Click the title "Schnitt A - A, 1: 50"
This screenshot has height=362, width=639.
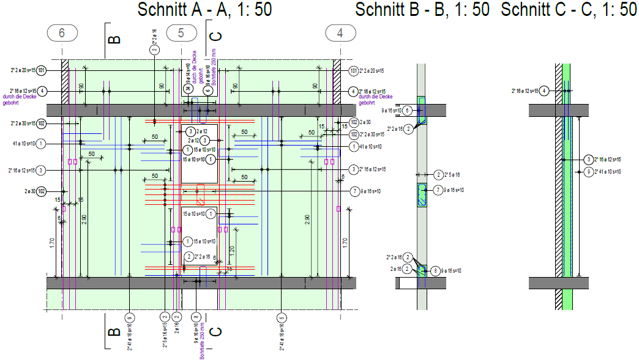pos(204,10)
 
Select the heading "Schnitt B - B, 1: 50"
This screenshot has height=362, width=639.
pos(422,10)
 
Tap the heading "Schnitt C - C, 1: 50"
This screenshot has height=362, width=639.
pos(569,10)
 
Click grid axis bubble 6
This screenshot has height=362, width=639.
pos(62,33)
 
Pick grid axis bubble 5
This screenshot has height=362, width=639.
pos(181,33)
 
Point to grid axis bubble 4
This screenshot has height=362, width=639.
pos(340,33)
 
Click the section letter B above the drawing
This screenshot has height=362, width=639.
pos(114,40)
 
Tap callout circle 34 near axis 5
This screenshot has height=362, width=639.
pos(188,89)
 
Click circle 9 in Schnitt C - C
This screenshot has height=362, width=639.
pos(588,171)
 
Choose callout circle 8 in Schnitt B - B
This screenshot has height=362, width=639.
pos(435,270)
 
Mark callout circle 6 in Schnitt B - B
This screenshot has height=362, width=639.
pos(407,111)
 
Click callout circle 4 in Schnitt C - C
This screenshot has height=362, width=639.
pos(544,90)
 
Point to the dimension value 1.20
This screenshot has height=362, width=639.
pos(232,250)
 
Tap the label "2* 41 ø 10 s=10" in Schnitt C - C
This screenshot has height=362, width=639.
pos(608,171)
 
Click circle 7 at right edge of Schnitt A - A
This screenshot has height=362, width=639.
pos(354,191)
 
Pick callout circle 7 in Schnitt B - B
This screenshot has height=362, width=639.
pos(438,190)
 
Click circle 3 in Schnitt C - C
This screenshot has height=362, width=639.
pos(588,159)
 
